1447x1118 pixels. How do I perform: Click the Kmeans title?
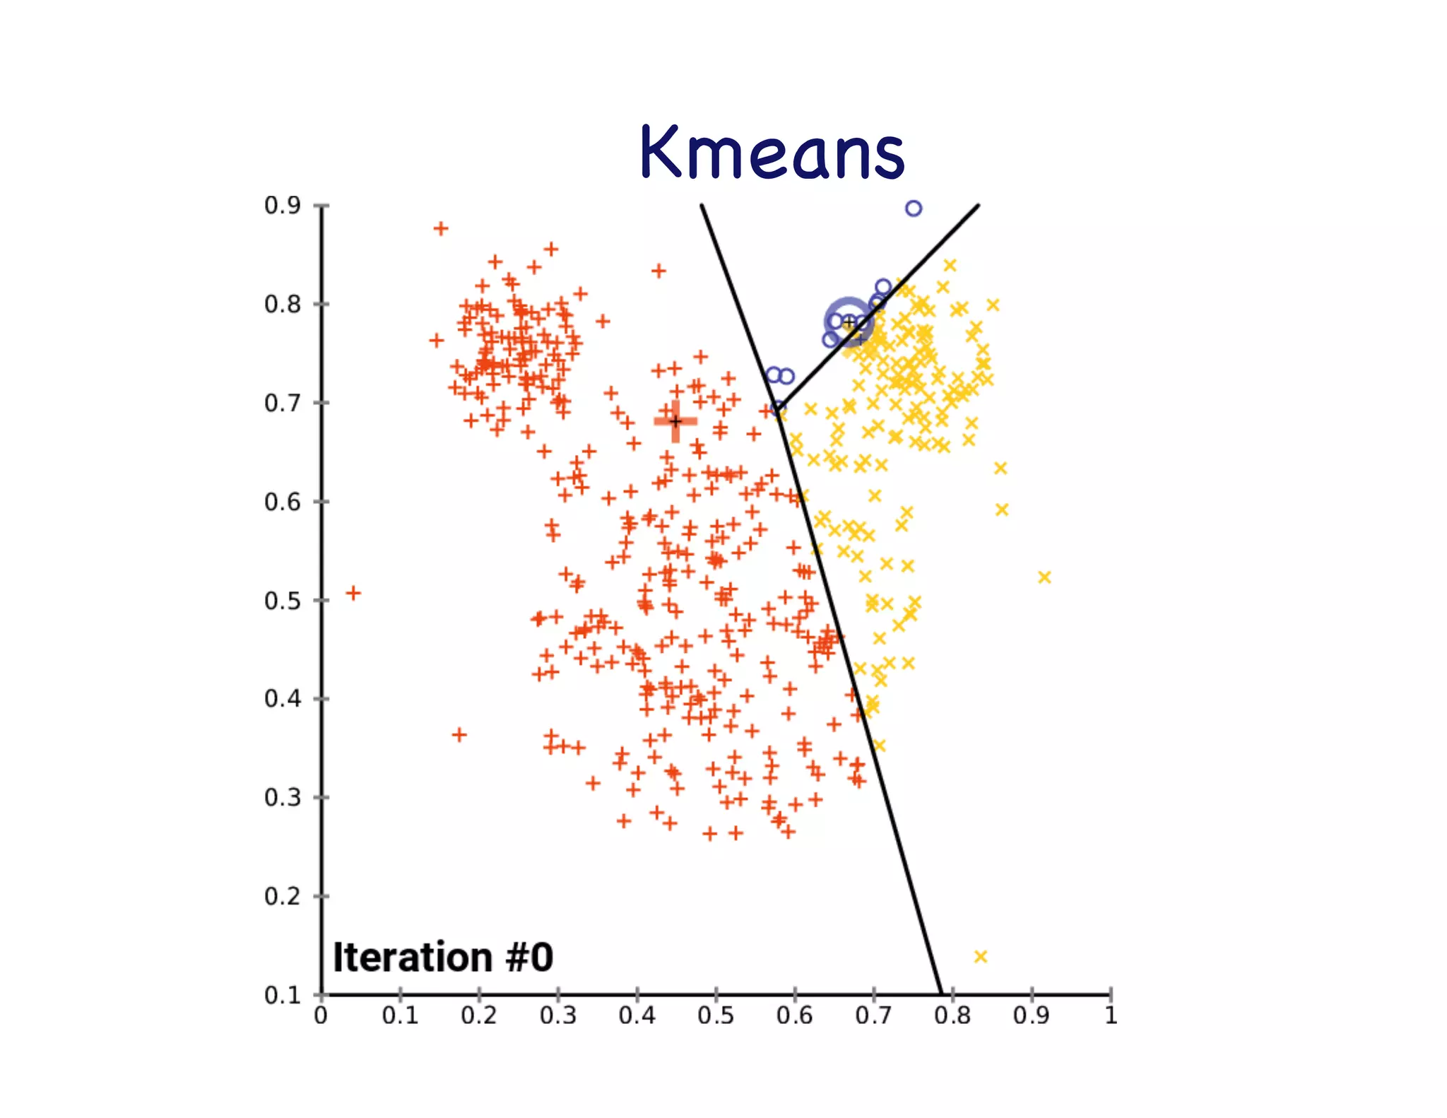(x=772, y=151)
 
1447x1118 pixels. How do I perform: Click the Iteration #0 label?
(x=443, y=958)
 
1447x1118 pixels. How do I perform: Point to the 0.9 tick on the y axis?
(x=283, y=206)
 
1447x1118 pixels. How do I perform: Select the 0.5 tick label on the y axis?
(x=283, y=601)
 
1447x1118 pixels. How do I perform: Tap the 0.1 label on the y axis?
(x=283, y=995)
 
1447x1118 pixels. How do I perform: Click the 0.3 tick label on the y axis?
(x=283, y=797)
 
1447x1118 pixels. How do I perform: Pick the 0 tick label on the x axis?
(x=321, y=1016)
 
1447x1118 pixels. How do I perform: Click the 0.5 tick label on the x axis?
(x=716, y=1016)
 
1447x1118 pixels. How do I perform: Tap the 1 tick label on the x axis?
(x=1111, y=1016)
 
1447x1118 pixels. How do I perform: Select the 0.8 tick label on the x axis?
(x=952, y=1016)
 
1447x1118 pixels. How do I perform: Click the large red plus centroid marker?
(x=675, y=421)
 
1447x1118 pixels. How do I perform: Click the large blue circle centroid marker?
(x=849, y=322)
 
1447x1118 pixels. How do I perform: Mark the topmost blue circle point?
(x=914, y=208)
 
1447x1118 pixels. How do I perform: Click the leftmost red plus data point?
(x=353, y=592)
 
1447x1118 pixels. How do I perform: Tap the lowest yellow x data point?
(x=980, y=956)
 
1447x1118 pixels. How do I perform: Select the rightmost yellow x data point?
(x=1044, y=577)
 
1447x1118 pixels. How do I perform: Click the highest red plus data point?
(x=441, y=228)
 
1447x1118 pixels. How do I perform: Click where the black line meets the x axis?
(x=941, y=994)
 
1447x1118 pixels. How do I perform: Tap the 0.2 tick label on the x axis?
(x=479, y=1016)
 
